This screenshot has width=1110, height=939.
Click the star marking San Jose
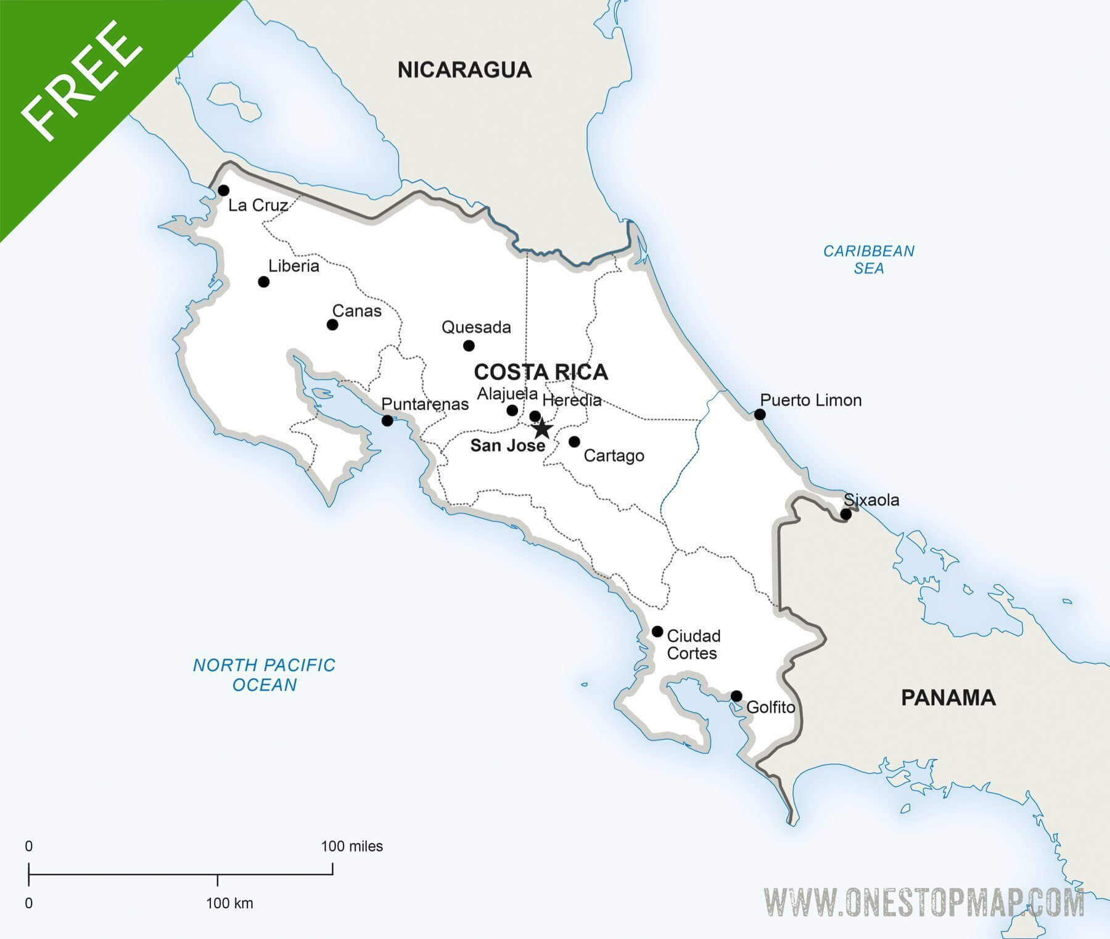pyautogui.click(x=541, y=428)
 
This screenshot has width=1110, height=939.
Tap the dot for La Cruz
pyautogui.click(x=223, y=190)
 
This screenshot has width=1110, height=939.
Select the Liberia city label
pyautogui.click(x=294, y=266)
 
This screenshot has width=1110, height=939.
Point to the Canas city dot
pyautogui.click(x=332, y=325)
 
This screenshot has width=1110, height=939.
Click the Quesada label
pyautogui.click(x=476, y=327)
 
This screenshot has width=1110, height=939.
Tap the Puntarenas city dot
pyautogui.click(x=387, y=421)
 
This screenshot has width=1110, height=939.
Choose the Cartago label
pyautogui.click(x=614, y=456)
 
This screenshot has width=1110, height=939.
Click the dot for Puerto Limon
pyautogui.click(x=760, y=415)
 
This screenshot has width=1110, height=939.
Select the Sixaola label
pyautogui.click(x=871, y=500)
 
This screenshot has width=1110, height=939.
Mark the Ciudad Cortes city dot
pyautogui.click(x=657, y=632)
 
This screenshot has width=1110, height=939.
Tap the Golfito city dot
pyautogui.click(x=736, y=696)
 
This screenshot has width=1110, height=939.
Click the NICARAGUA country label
pyautogui.click(x=464, y=70)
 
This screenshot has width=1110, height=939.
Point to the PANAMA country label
pyautogui.click(x=948, y=698)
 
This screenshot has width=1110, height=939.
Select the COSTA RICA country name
pyautogui.click(x=541, y=372)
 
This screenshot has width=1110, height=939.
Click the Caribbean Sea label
pyautogui.click(x=868, y=259)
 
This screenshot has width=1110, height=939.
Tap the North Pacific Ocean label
pyautogui.click(x=264, y=675)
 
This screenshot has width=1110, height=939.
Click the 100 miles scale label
pyautogui.click(x=351, y=847)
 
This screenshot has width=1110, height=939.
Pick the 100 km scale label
pyautogui.click(x=229, y=903)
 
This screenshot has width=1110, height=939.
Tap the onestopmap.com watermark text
pyautogui.click(x=923, y=903)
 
